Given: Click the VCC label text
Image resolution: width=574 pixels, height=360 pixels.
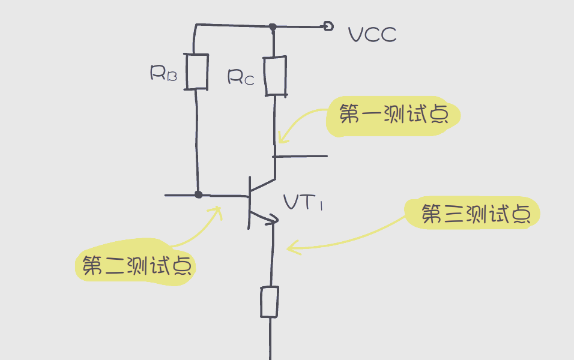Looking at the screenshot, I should tap(372, 35).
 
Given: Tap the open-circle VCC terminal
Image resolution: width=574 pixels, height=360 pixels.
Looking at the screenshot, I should tap(328, 26).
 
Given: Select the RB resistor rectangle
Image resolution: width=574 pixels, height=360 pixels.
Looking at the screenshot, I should tap(197, 71).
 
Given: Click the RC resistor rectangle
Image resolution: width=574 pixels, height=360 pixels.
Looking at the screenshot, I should tap(276, 76).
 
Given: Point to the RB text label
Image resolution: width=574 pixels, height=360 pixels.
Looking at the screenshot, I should tap(163, 73).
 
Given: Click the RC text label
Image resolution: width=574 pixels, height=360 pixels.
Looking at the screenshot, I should tap(241, 76).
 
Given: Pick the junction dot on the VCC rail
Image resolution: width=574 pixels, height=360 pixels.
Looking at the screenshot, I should tap(273, 26).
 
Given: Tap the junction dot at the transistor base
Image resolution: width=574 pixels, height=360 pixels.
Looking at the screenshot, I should tap(199, 194).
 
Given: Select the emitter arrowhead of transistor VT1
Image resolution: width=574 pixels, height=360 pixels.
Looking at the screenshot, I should tap(273, 220).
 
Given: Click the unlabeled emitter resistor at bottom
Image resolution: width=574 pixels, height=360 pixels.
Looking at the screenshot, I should tap(269, 302).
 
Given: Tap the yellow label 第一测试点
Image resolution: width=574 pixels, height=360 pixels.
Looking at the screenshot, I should tap(393, 115).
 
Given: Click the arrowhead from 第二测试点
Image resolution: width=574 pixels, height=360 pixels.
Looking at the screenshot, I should tap(218, 210).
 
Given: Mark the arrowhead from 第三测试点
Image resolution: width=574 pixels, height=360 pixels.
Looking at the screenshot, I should tap(291, 247).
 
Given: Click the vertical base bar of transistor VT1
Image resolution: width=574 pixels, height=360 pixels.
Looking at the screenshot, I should tap(249, 203).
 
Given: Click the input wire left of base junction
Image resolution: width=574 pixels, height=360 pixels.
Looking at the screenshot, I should tap(180, 195).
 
